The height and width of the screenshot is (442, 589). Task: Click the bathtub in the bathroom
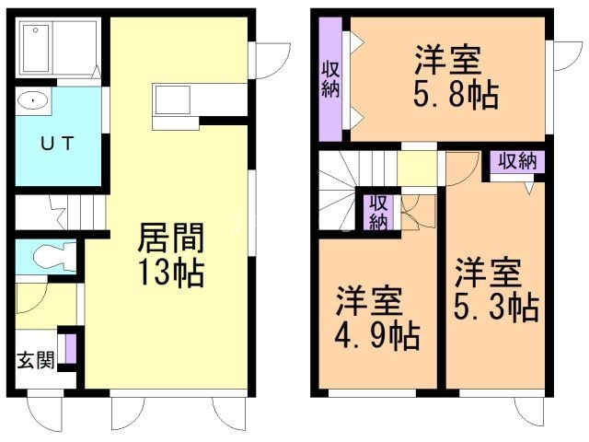pos(36,47)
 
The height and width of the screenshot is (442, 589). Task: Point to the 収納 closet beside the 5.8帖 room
pos(329,80)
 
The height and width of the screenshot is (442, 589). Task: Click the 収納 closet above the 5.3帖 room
pos(516,162)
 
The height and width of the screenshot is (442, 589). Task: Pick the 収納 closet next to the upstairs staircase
pos(377,212)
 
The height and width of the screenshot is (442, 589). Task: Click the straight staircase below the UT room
pos(55,213)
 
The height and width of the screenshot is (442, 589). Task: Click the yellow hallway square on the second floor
pos(416,169)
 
